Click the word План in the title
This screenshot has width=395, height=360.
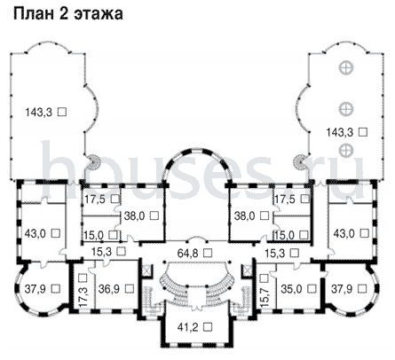33,14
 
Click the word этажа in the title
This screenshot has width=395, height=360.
99,14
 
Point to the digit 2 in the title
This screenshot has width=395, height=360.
63,14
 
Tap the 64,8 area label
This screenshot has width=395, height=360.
187,253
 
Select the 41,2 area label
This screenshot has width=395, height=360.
187,327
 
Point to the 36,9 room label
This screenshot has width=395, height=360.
109,288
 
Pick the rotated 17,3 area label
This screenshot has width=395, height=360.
83,297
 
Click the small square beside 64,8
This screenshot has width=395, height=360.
209,253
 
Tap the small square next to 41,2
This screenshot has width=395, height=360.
209,326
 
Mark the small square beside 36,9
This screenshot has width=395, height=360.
130,288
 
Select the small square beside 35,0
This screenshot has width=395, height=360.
312,288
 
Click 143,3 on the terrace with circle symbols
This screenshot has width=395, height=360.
340,132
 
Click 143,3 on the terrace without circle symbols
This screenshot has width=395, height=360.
39,113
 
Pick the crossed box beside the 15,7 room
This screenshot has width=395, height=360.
247,270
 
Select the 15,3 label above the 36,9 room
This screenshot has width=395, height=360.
102,252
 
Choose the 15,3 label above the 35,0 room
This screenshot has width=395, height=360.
275,253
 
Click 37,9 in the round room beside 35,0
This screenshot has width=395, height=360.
342,288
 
